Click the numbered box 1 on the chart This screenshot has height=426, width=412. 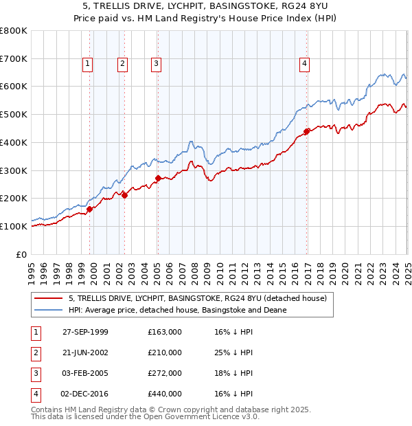[89, 64]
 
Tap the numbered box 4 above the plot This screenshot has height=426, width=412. [304, 64]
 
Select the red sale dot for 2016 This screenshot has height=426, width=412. [306, 132]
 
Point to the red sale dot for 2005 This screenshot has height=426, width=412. [158, 179]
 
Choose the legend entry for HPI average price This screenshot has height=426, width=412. [177, 311]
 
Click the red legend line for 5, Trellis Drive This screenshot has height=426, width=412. [49, 298]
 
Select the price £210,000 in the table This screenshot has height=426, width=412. [165, 352]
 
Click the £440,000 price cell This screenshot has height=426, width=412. [165, 394]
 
